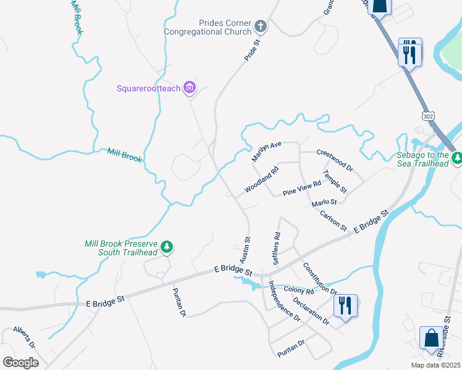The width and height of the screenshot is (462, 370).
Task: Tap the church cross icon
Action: point(261,26)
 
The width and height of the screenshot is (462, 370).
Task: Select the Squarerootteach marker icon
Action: point(190,88)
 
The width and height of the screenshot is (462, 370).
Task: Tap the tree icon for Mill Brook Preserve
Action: point(166,247)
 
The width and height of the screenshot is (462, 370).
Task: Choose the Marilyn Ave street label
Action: point(266,151)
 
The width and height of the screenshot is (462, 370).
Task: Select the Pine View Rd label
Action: point(302,188)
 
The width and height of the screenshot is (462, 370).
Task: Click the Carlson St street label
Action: point(334,220)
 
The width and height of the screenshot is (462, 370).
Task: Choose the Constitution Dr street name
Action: point(319,279)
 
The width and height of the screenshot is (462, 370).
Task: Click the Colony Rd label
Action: point(299,290)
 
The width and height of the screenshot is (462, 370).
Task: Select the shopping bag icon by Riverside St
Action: point(431,338)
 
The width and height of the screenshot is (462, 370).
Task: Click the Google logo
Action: point(20,363)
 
